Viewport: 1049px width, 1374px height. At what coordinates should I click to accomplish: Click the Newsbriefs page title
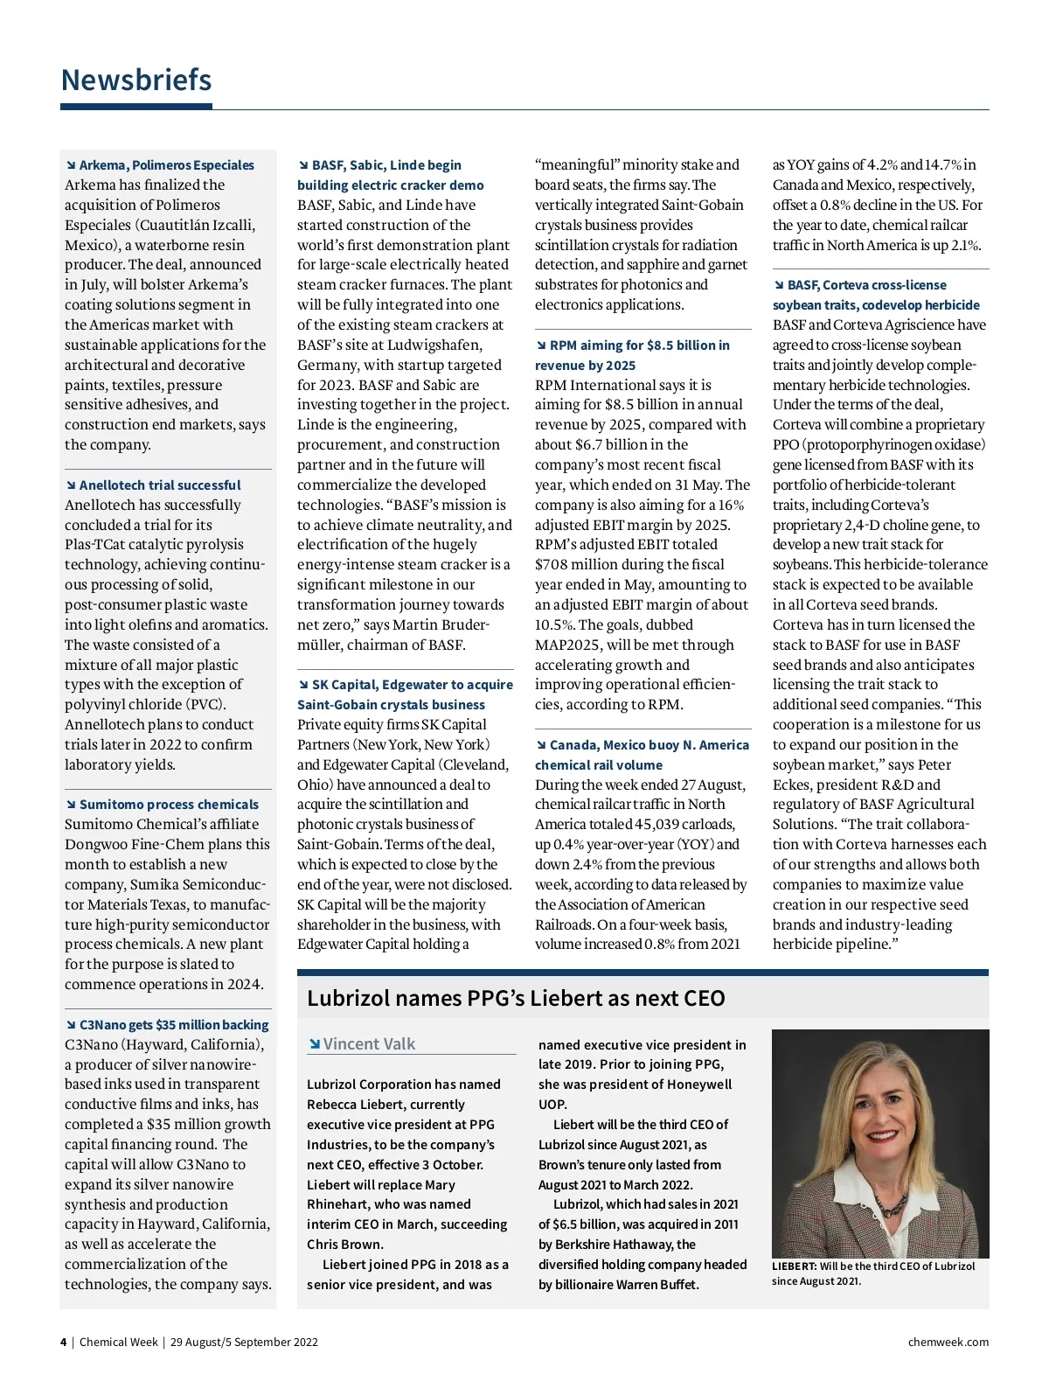pos(136,80)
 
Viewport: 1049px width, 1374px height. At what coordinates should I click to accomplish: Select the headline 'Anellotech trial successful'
pos(160,485)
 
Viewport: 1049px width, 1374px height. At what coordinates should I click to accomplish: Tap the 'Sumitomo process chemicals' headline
pos(169,805)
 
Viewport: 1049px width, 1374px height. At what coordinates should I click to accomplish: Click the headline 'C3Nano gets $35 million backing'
pos(174,1025)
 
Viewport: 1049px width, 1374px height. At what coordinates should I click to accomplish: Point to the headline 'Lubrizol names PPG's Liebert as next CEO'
pos(516,999)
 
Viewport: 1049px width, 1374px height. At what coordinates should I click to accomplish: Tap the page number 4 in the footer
pos(63,1343)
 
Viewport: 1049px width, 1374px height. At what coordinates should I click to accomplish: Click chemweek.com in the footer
pos(948,1343)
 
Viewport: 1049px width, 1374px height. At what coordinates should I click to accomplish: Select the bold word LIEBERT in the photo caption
pos(794,1266)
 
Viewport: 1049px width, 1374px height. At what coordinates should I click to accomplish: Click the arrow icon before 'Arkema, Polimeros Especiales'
pos(71,165)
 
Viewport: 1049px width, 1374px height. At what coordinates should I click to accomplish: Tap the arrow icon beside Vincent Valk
pos(315,1044)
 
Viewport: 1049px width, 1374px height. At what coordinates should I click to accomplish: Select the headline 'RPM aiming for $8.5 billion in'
pos(639,345)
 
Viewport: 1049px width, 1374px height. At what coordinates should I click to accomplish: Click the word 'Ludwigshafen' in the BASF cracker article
pos(434,345)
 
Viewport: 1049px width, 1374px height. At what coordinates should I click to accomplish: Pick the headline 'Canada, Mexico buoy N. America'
pos(649,745)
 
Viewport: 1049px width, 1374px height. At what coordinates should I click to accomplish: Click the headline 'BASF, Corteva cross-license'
pos(866,285)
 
